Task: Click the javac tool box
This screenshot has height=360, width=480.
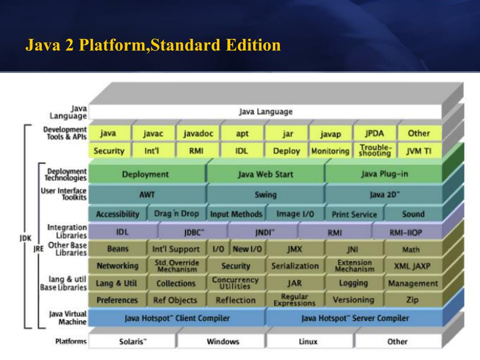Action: coord(153,134)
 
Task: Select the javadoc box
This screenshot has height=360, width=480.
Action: coord(198,134)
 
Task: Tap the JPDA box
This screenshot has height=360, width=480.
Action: coord(375,133)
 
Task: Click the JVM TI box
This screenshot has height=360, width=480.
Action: coord(419,151)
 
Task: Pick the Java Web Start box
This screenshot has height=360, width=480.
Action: coord(265,174)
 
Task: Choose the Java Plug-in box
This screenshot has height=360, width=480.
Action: coord(384,174)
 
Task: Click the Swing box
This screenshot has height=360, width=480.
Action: coord(265,195)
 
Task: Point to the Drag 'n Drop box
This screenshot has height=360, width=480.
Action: coord(176,214)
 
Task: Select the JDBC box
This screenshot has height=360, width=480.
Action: coord(194,232)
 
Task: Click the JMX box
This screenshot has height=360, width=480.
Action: coord(294,249)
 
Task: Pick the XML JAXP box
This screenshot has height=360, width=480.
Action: coord(412,266)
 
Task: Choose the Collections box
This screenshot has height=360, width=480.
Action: coord(176,283)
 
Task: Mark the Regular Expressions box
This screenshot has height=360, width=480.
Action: coord(294,300)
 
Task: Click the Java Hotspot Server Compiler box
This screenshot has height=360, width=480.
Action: coord(355,318)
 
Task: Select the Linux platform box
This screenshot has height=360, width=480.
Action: coord(308,341)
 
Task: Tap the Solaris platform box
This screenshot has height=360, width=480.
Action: coord(133,341)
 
